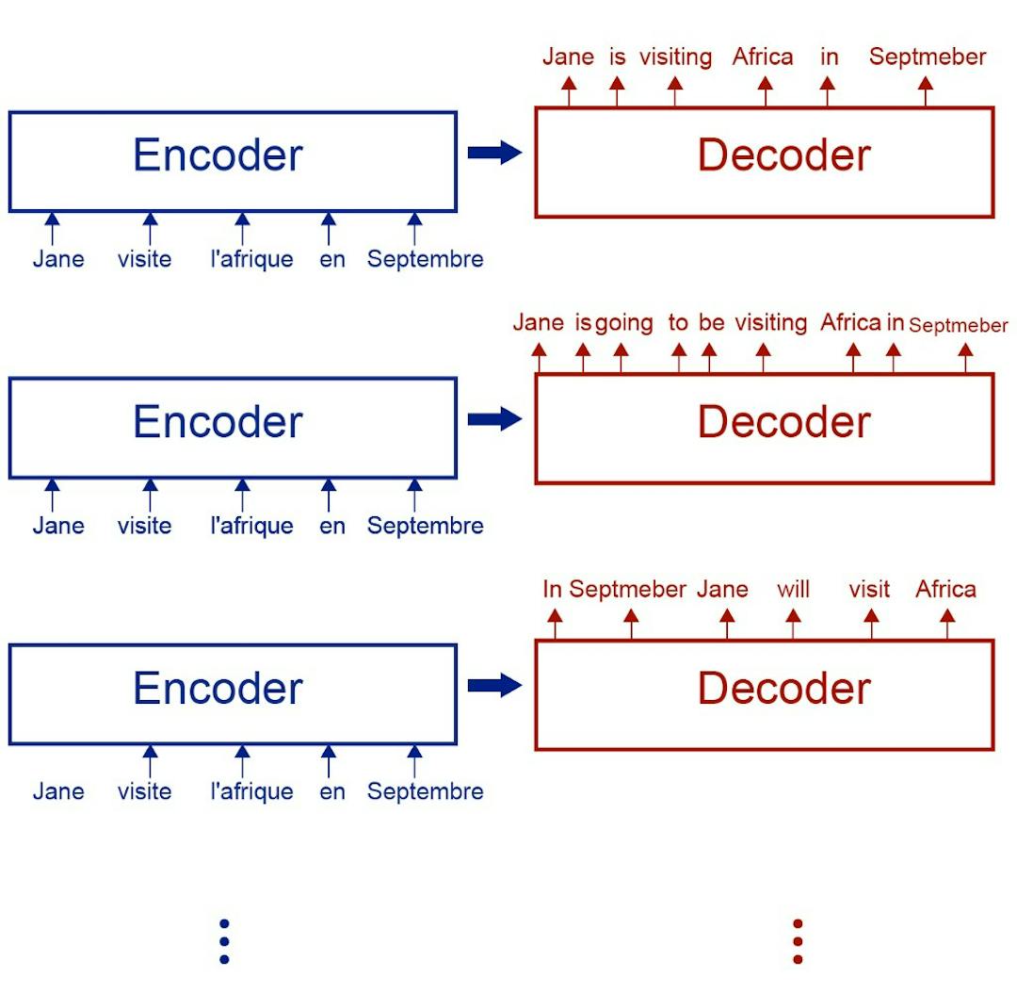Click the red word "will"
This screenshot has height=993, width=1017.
793,590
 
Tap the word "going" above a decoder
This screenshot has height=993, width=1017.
624,323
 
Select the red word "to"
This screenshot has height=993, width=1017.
678,323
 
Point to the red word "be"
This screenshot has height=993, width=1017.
712,323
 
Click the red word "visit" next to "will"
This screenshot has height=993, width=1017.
869,590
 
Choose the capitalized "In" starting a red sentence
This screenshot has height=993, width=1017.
552,590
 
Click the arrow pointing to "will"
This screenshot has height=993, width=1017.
793,623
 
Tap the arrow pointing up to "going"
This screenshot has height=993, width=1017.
620,357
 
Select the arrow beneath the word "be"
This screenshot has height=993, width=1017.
709,357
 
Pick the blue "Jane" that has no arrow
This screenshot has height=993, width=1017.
58,791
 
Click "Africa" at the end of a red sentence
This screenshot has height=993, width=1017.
945,590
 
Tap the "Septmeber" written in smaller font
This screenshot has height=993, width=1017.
958,326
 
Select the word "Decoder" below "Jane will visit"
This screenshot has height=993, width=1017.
783,689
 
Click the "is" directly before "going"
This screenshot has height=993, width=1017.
583,323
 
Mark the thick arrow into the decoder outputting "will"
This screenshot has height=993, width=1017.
494,685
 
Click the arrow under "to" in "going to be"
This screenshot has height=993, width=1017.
679,357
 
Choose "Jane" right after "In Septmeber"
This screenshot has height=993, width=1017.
722,590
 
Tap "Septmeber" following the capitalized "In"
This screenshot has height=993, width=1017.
628,590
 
